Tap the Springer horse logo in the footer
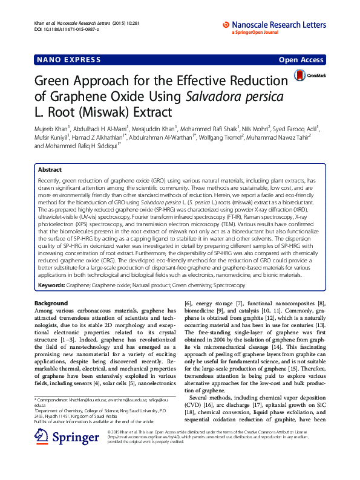pos(41,421)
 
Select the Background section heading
pos(51,302)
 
